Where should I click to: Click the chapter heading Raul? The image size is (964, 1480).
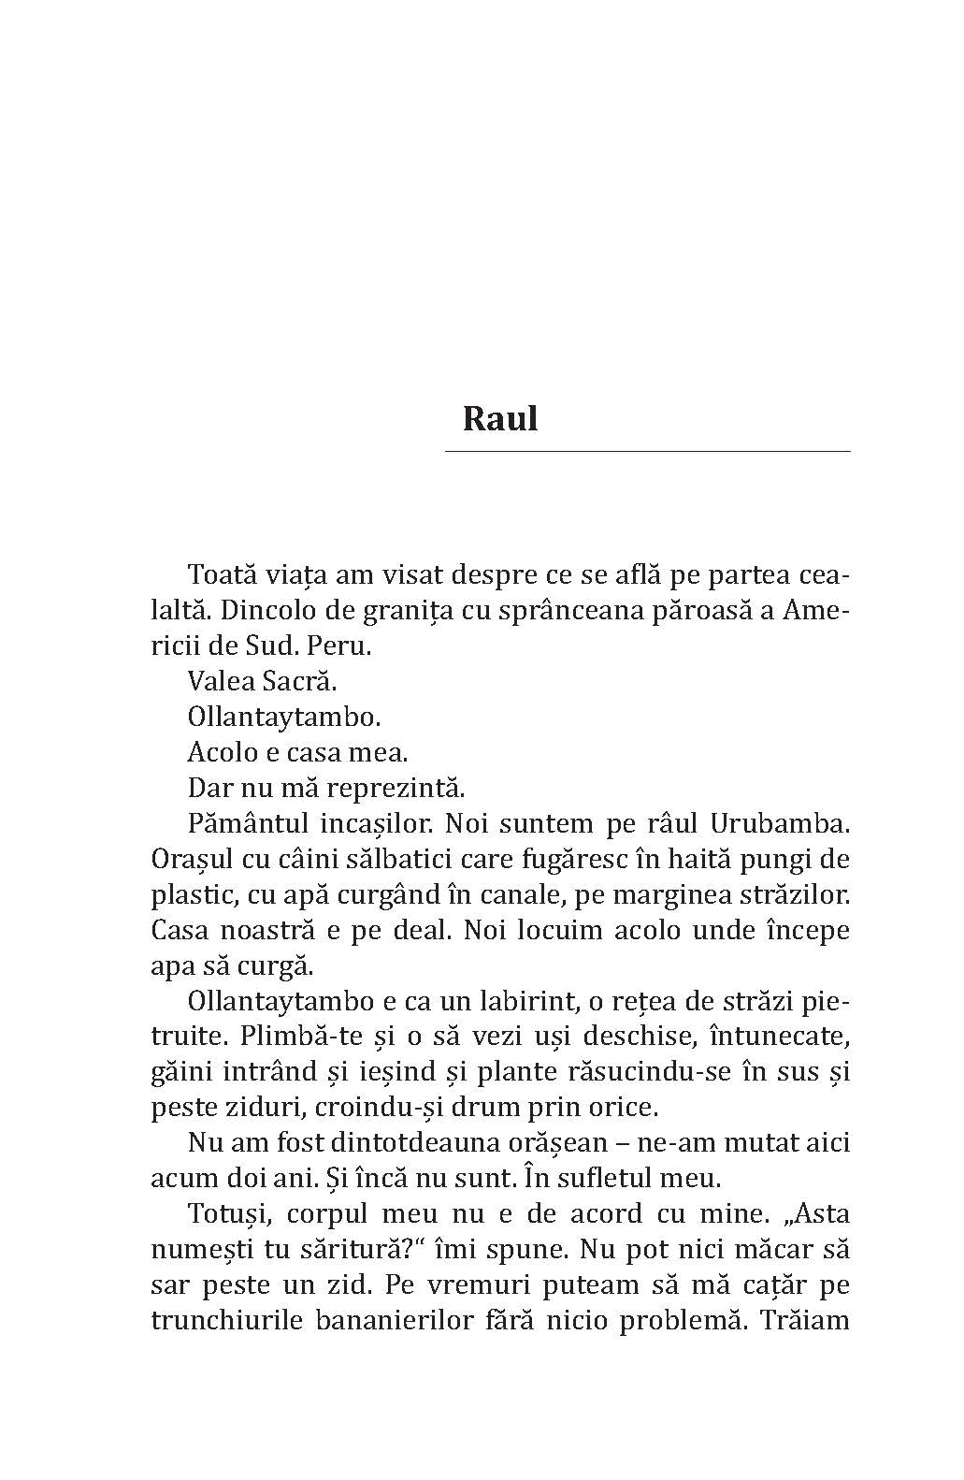pos(500,418)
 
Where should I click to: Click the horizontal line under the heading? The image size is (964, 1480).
pos(647,451)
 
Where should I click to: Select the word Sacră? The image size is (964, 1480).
pos(302,682)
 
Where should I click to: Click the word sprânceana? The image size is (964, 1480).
pos(581,611)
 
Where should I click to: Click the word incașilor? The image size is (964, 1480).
pos(373,823)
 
